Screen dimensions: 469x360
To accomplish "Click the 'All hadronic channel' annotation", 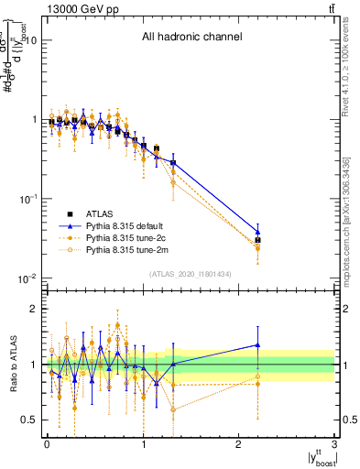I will point(191,38).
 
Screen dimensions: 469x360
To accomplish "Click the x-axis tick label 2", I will point(239,443).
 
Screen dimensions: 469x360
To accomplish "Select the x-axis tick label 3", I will point(335,443).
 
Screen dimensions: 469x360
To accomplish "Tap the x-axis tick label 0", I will point(47,443).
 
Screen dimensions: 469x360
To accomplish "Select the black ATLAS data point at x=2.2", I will point(258,240).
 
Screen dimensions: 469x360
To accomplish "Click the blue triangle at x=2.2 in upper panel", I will point(258,232).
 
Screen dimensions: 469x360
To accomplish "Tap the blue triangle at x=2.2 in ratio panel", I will point(258,345).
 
